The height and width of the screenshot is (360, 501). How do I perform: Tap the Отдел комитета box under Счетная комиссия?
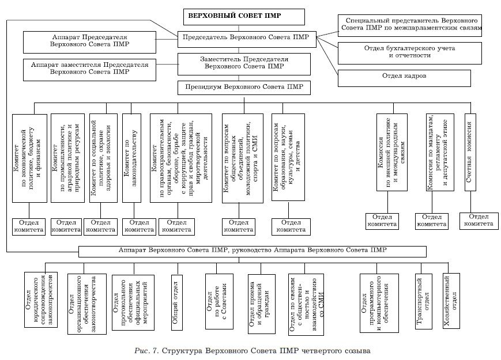pos(479,221)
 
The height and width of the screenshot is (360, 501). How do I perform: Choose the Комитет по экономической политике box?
pos(29,157)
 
